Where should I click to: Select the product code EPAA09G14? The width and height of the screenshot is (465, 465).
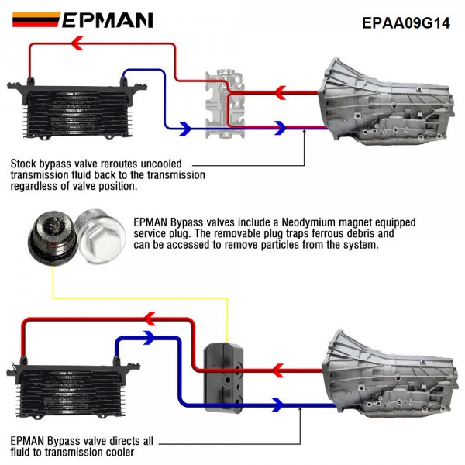click(406, 22)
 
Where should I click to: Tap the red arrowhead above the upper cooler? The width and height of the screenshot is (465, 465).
click(77, 43)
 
